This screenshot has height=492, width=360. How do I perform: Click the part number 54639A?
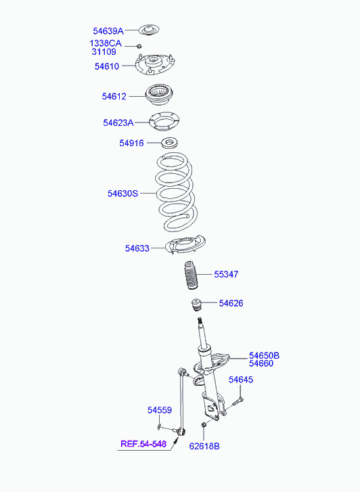(108, 31)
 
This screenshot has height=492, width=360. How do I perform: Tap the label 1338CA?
(106, 43)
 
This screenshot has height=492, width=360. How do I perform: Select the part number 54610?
(107, 66)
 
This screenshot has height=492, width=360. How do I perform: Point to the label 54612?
(114, 96)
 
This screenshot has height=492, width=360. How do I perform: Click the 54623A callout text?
(118, 122)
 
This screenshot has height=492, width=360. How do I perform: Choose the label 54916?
(131, 143)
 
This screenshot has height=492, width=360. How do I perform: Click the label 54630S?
(122, 194)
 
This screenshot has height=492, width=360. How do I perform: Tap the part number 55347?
(226, 274)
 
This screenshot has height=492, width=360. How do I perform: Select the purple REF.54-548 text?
(143, 444)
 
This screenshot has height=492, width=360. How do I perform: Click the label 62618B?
(204, 446)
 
